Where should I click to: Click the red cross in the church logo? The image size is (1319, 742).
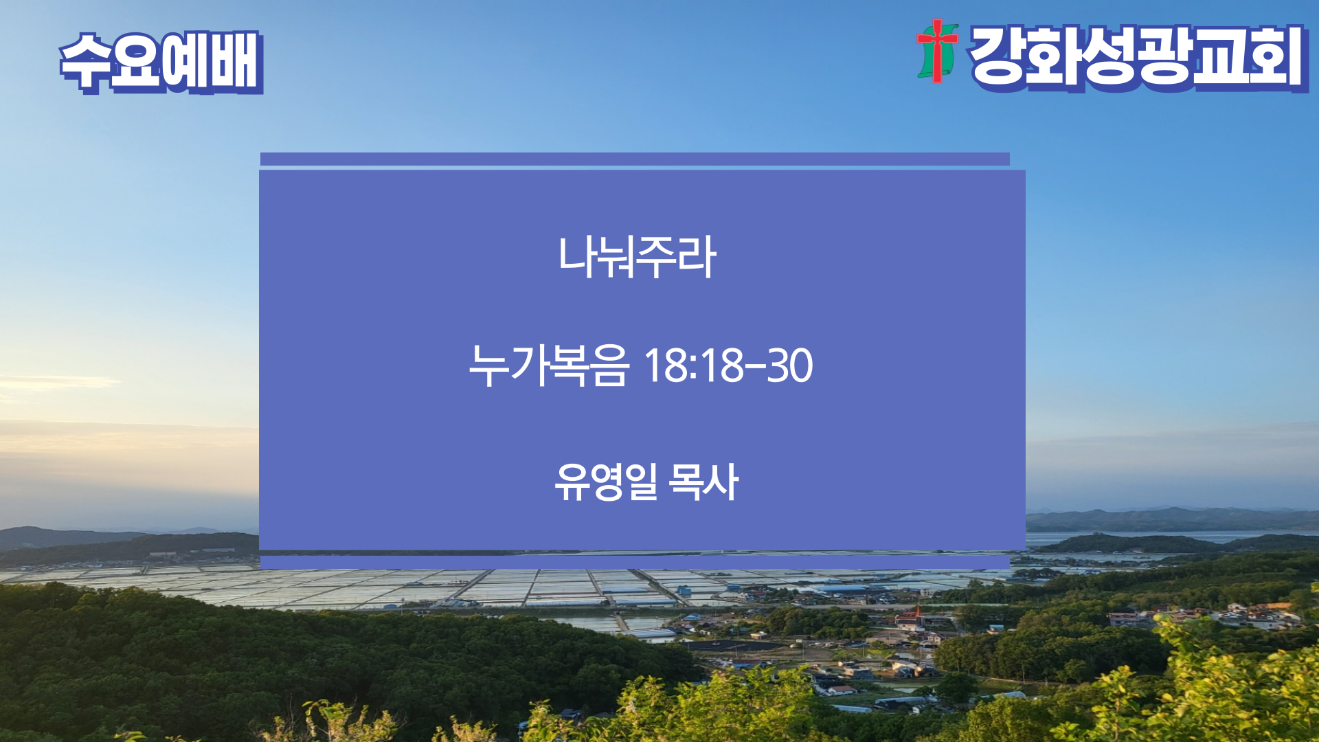tap(936, 49)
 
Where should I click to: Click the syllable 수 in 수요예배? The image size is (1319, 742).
tap(85, 62)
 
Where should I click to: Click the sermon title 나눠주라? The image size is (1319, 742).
tap(637, 257)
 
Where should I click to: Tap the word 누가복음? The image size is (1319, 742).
tap(548, 365)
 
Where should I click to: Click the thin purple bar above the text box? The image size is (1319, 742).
tap(635, 159)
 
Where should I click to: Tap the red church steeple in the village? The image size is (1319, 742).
tap(917, 612)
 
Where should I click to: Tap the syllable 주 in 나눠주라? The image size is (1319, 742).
tap(657, 257)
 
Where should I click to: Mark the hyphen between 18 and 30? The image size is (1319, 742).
tap(756, 366)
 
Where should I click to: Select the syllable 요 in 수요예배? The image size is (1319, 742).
tap(136, 62)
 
